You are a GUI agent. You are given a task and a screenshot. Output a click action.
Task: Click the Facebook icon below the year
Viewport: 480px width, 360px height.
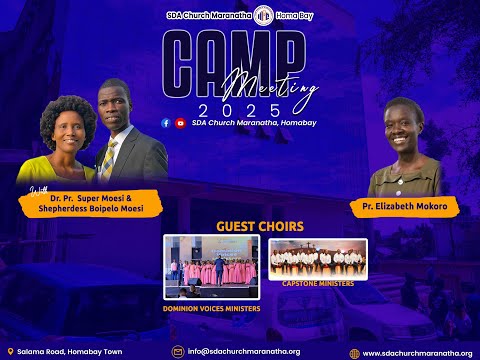(166, 123)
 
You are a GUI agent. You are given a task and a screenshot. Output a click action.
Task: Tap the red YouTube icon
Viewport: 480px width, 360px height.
(180, 123)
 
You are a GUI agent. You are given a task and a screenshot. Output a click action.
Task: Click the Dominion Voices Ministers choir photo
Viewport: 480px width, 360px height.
(211, 266)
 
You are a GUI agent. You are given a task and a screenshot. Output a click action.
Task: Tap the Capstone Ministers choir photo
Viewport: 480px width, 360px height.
(317, 258)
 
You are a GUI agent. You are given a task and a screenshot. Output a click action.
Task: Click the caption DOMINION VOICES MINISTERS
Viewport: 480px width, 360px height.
(211, 308)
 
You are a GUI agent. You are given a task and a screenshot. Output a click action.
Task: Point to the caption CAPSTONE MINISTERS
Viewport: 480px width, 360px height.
(318, 283)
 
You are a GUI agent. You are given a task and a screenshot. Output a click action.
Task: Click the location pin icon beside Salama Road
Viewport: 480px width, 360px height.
(10, 352)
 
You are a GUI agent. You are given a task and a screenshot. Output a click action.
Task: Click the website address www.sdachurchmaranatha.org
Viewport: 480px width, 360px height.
(416, 353)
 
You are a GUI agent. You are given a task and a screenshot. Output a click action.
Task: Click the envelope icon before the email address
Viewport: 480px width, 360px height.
(178, 352)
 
